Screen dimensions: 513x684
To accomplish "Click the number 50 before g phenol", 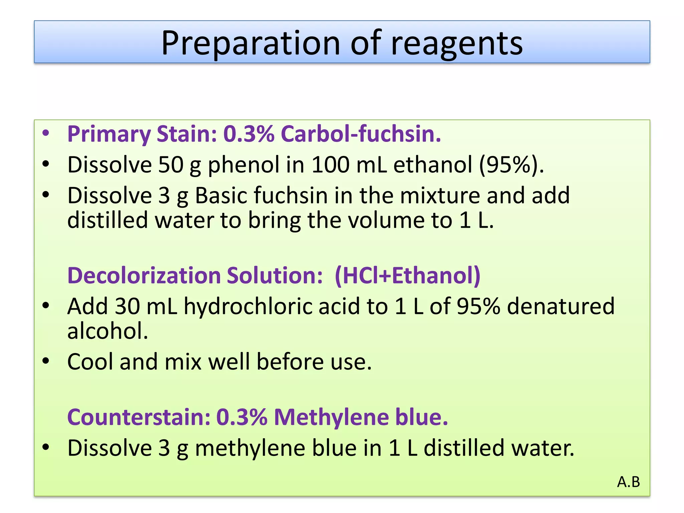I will (171, 165).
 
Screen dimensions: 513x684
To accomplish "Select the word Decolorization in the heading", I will (144, 276).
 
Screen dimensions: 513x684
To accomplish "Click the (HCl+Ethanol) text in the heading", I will (407, 276).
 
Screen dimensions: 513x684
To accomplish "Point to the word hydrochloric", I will (248, 306).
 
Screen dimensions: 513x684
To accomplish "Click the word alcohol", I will (108, 331).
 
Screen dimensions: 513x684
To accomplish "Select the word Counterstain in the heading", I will (139, 417).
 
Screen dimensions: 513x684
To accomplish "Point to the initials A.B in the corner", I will (628, 482).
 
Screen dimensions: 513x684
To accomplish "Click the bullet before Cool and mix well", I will (46, 361).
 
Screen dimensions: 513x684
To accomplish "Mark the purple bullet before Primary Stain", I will (46, 133).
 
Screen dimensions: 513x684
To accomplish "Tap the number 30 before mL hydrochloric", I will (127, 306).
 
